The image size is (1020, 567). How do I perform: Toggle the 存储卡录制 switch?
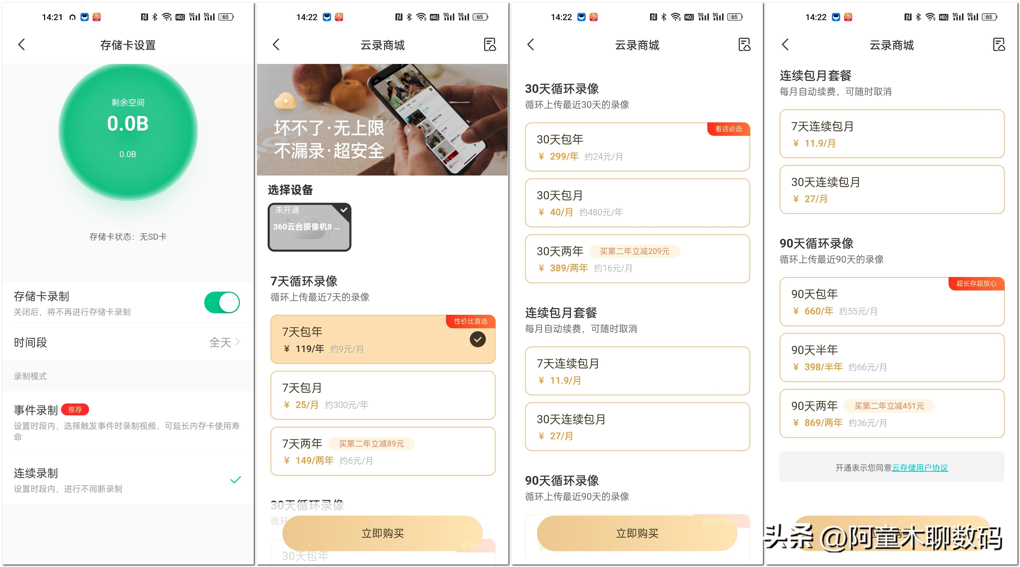[x=222, y=303]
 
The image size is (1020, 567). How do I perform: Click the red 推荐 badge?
[x=75, y=409]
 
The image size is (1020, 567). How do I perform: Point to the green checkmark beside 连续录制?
[x=236, y=480]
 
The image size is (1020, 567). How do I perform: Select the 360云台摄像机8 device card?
[x=309, y=227]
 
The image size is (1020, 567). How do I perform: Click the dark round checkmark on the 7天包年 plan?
[x=477, y=340]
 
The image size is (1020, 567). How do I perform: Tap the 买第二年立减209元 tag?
[x=634, y=251]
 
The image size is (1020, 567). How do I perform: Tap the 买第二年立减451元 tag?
[x=889, y=406]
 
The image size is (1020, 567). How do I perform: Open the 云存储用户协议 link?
[x=920, y=468]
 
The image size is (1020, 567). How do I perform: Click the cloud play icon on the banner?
[x=285, y=101]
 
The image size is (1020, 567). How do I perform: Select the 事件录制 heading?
[x=36, y=410]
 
